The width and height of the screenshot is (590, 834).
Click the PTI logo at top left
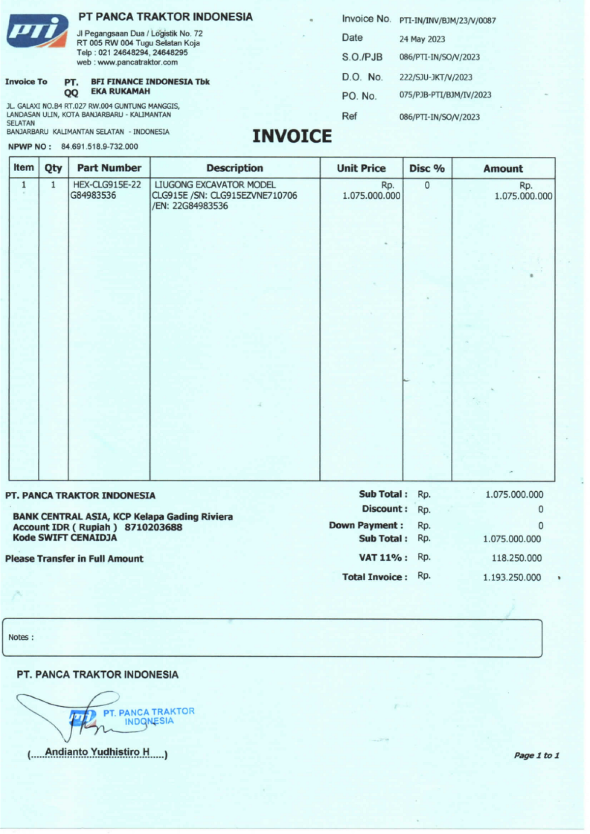(x=37, y=31)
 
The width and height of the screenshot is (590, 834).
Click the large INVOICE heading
(x=292, y=136)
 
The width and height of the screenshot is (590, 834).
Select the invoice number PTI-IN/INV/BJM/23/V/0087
(x=447, y=21)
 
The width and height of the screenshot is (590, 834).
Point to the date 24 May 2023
(x=422, y=39)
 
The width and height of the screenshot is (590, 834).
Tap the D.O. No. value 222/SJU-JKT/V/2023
(x=436, y=77)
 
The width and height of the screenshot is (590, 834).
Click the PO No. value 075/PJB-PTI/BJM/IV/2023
(x=445, y=95)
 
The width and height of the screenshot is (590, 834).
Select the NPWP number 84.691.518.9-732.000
(x=99, y=147)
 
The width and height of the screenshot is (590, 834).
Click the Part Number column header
(x=109, y=168)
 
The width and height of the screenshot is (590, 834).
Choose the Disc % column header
(x=427, y=168)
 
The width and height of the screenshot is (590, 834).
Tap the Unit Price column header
(x=361, y=168)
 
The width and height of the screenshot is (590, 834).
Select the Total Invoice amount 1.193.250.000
(x=511, y=577)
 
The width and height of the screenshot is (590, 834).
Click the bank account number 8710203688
(x=153, y=527)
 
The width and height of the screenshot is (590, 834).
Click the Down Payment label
(x=366, y=525)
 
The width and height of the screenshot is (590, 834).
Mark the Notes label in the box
(x=21, y=637)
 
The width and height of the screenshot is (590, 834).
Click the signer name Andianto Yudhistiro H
(x=97, y=752)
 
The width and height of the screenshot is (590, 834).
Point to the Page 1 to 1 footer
(x=536, y=755)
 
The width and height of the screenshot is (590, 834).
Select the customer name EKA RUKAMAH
(x=120, y=91)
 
